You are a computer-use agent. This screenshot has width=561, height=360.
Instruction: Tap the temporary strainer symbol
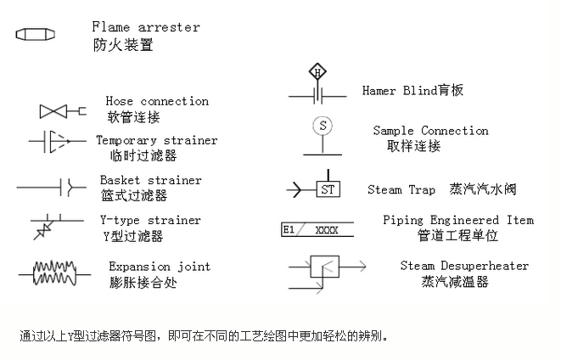(53, 141)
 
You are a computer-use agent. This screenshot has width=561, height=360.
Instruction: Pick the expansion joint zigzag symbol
(55, 273)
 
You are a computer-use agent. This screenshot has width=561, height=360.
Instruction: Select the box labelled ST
(328, 188)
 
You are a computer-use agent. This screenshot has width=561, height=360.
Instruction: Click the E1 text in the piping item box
(289, 229)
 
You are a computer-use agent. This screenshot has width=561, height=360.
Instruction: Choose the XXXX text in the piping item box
(327, 230)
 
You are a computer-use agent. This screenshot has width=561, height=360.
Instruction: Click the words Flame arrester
(146, 27)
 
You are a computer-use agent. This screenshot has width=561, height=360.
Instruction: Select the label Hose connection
(157, 101)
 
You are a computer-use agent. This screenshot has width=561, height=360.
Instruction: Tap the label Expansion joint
(160, 267)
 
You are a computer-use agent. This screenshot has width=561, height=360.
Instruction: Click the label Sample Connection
(430, 131)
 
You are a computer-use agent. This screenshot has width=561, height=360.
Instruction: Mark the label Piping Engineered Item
(458, 220)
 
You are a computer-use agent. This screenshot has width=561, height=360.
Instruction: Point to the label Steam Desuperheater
(464, 267)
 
